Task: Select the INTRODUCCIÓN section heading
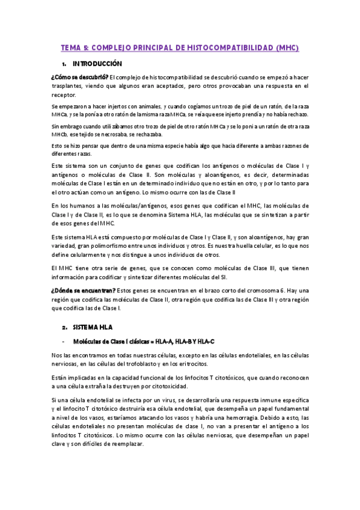click(x=97, y=63)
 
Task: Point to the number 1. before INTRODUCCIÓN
click(x=64, y=64)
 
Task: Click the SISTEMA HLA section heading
click(x=93, y=327)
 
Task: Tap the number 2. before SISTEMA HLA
click(x=64, y=327)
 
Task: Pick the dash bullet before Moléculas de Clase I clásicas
click(x=63, y=342)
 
